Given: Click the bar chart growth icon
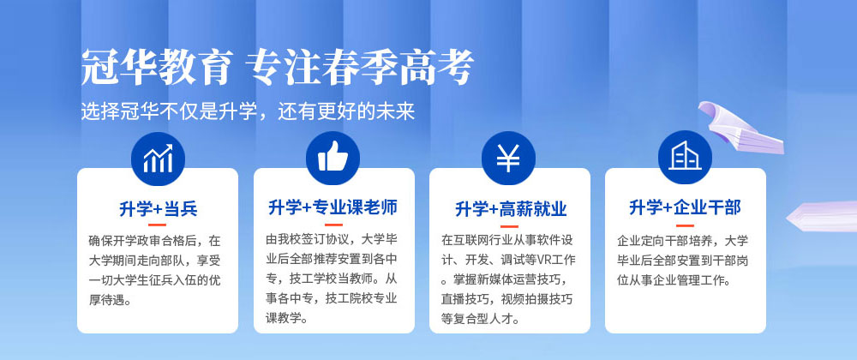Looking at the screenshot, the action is click(x=158, y=159).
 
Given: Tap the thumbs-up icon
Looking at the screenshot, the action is click(x=333, y=159).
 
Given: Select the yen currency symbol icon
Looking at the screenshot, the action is click(x=508, y=159).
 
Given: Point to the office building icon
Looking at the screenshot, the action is click(x=685, y=156).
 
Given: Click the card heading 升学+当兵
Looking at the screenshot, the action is click(x=158, y=208).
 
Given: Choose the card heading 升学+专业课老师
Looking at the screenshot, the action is click(x=333, y=207).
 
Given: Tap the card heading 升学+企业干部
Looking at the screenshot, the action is click(x=685, y=208).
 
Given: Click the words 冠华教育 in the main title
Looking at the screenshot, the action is click(x=157, y=68).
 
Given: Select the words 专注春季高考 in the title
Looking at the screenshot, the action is click(x=359, y=68).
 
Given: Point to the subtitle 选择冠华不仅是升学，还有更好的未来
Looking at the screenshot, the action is click(x=249, y=111).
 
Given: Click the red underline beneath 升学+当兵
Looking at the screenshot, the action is click(x=158, y=225).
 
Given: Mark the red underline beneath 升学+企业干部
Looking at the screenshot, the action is click(x=685, y=225).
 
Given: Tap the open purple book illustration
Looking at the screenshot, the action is click(x=740, y=127).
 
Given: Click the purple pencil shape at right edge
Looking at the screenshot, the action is click(x=822, y=216).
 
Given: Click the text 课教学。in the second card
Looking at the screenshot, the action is click(x=287, y=318).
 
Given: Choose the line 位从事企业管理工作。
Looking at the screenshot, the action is click(x=674, y=281).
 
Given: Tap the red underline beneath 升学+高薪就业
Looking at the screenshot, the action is click(x=509, y=225).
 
